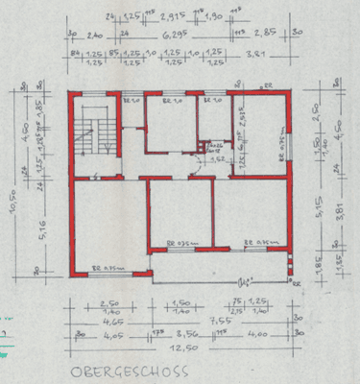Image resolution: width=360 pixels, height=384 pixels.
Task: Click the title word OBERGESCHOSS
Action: [124, 372]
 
